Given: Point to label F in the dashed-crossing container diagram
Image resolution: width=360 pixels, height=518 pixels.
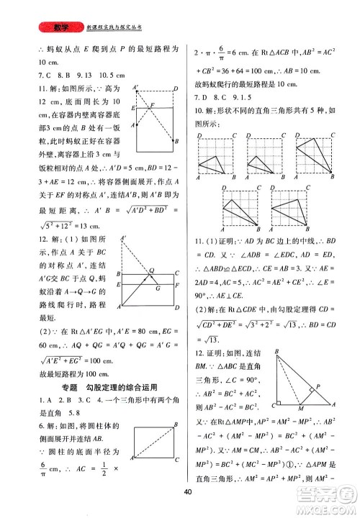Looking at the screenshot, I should pos(153,105).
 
